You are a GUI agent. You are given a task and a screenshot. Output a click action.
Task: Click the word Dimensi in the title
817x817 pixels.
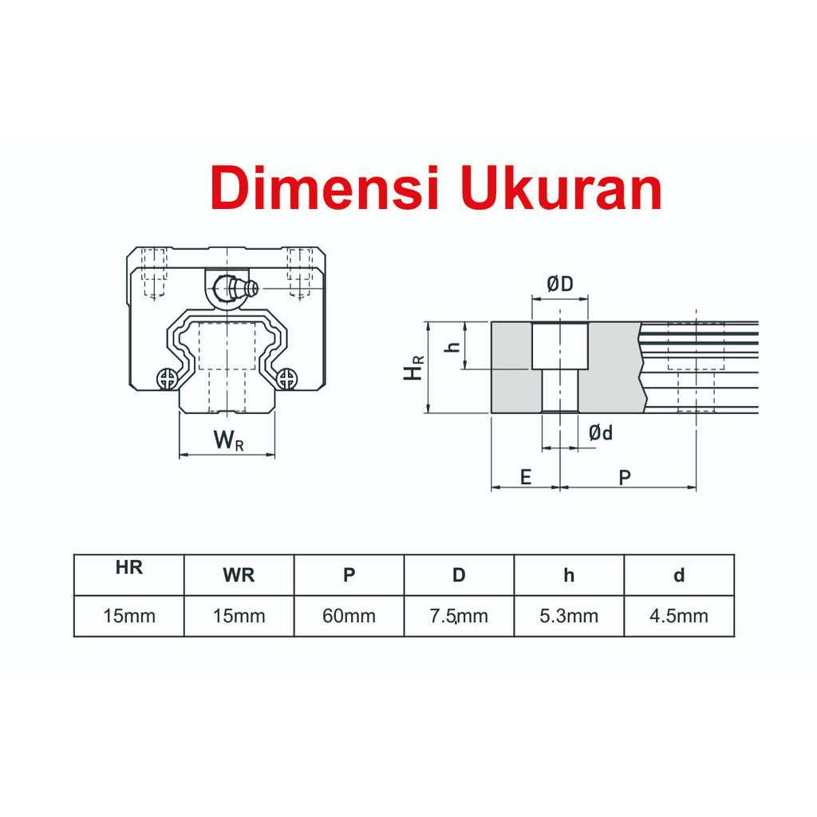326,187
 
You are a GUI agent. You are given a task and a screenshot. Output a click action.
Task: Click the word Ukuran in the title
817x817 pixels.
561,187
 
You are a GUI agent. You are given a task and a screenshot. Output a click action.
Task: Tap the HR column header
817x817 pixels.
128,567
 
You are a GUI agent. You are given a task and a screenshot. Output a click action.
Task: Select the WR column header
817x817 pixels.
239,575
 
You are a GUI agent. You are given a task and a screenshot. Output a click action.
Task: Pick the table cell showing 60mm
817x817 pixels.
349,616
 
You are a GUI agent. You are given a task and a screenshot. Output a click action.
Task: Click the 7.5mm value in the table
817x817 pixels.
459,616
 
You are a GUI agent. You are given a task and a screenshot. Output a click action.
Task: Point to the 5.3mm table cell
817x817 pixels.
568,616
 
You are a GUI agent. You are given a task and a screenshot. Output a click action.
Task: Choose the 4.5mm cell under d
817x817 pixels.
678,616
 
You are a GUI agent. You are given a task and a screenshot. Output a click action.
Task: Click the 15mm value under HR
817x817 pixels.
128,616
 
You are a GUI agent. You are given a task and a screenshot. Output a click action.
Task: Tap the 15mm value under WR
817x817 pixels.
239,616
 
